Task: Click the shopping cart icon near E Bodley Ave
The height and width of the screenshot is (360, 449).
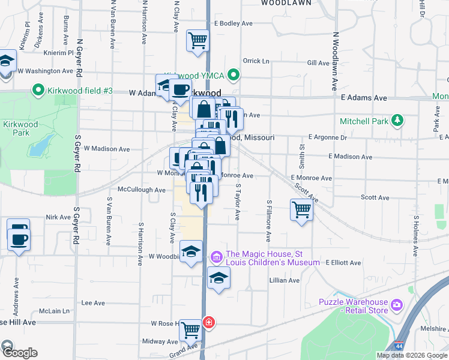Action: pyautogui.click(x=197, y=41)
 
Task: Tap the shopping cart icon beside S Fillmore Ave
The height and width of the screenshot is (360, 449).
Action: pyautogui.click(x=301, y=210)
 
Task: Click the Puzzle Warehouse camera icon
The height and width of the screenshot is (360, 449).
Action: pyautogui.click(x=396, y=305)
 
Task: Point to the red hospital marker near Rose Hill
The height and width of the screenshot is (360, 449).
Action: pyautogui.click(x=208, y=323)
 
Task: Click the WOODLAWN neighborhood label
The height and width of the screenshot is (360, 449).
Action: pyautogui.click(x=286, y=3)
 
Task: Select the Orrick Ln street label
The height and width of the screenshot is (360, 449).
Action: pyautogui.click(x=256, y=61)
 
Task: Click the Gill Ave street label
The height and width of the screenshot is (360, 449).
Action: pyautogui.click(x=318, y=62)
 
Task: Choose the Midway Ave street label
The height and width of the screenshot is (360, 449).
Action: pyautogui.click(x=155, y=341)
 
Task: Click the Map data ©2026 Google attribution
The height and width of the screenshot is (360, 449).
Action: pyautogui.click(x=411, y=355)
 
